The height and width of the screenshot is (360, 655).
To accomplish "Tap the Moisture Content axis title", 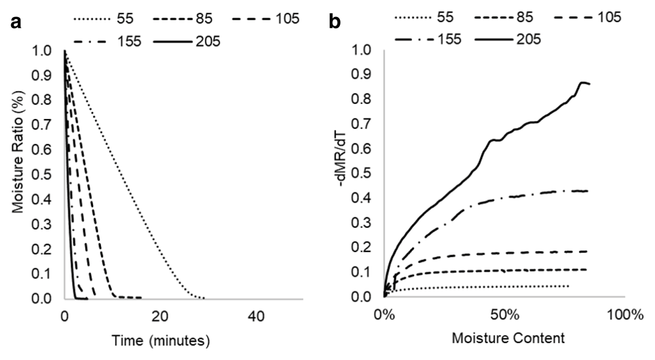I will tap(503, 340).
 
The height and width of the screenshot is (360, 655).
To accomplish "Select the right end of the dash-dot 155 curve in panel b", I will tap(588, 191).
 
